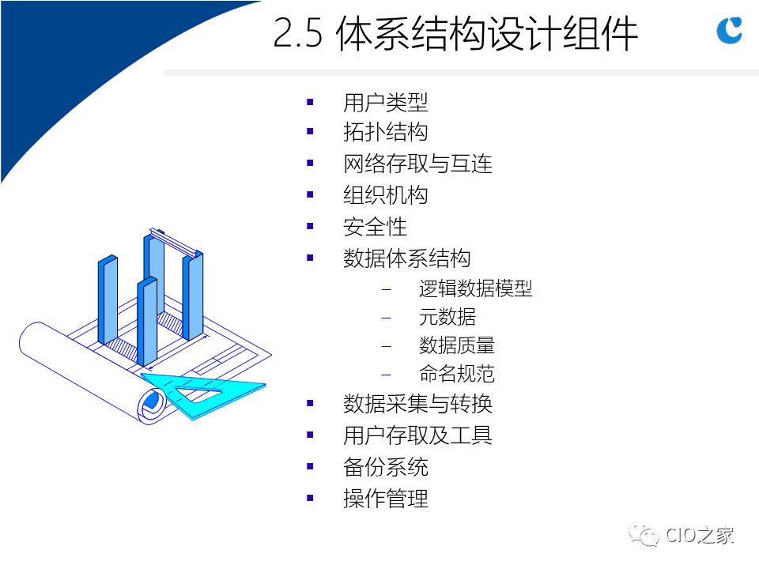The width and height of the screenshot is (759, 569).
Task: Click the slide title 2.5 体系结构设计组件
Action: tap(455, 33)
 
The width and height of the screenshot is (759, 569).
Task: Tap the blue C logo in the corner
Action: tap(729, 30)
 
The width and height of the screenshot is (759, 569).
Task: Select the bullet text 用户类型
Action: tap(385, 103)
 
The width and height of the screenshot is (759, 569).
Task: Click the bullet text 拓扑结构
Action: tap(385, 132)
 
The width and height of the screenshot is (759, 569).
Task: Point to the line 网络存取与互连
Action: tap(417, 164)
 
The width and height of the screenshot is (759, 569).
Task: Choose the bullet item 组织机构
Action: tap(385, 195)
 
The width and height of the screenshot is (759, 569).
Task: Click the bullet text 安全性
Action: tap(375, 227)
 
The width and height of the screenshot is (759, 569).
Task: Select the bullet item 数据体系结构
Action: tap(406, 258)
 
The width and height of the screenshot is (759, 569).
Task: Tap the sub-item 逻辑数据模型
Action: tap(475, 288)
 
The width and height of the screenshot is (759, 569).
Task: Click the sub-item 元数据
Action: tap(447, 317)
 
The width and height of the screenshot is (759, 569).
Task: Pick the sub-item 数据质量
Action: tap(456, 345)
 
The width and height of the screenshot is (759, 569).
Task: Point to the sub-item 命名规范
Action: tap(456, 374)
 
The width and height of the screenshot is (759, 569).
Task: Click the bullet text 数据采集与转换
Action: tap(417, 404)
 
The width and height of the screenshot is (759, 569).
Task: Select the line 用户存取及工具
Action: tap(417, 435)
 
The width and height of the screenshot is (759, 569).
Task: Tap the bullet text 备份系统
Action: tap(385, 467)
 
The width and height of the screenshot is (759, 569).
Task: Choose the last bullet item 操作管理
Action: tap(385, 499)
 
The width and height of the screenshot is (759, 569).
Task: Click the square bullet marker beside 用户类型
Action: tap(310, 102)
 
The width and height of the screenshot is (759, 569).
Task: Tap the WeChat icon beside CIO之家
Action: tap(644, 535)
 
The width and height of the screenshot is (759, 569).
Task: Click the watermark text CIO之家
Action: tap(700, 535)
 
